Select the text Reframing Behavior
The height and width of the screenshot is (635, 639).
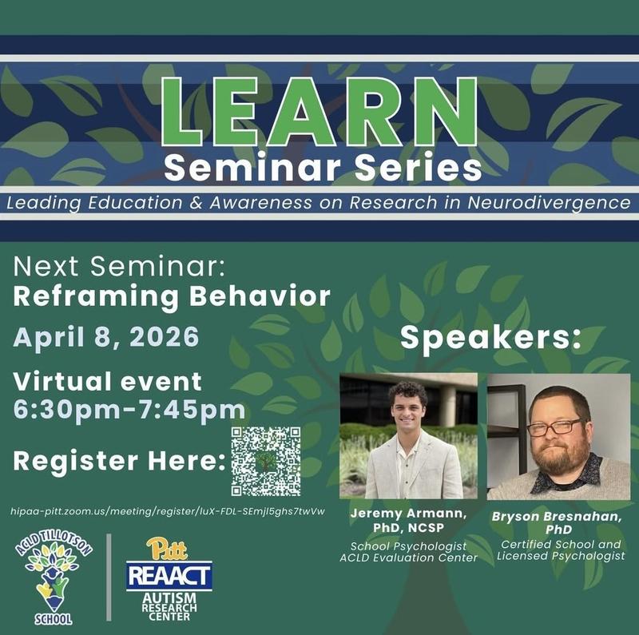pyautogui.click(x=172, y=296)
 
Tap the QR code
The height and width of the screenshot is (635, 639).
pyautogui.click(x=266, y=461)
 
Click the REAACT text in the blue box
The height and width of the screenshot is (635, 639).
pyautogui.click(x=169, y=575)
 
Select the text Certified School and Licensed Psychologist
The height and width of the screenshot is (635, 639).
pyautogui.click(x=559, y=550)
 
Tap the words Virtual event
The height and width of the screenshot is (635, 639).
pyautogui.click(x=108, y=381)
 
